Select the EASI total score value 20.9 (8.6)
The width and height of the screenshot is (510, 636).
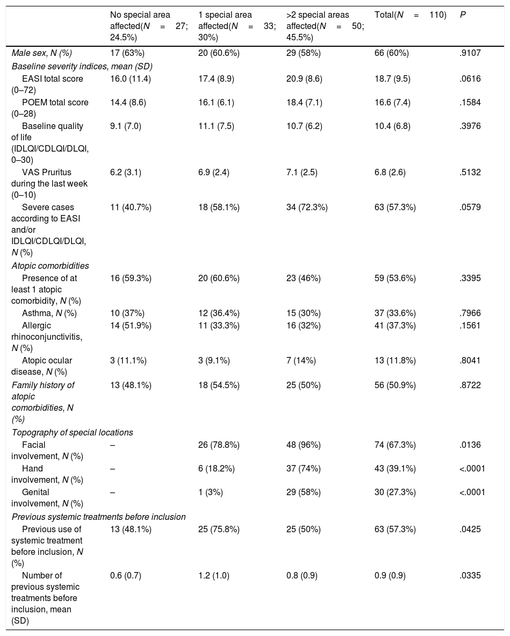click(x=304, y=78)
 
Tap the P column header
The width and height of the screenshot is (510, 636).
click(x=463, y=15)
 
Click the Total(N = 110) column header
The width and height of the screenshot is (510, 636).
click(x=410, y=15)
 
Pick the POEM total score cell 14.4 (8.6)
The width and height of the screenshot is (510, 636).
click(x=128, y=102)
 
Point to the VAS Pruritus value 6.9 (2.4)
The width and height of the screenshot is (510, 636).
click(x=214, y=172)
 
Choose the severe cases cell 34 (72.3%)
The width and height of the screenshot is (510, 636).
click(x=307, y=208)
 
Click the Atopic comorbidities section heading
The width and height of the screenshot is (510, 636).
click(x=51, y=266)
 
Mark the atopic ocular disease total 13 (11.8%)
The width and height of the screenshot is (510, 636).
click(x=395, y=360)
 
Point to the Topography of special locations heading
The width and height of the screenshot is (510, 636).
click(x=72, y=432)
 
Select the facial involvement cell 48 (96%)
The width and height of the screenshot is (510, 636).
click(x=303, y=445)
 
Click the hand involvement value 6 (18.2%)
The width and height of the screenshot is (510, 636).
click(x=217, y=468)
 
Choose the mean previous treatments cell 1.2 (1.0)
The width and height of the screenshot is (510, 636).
click(x=214, y=575)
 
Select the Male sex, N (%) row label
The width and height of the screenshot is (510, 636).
click(x=41, y=53)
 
